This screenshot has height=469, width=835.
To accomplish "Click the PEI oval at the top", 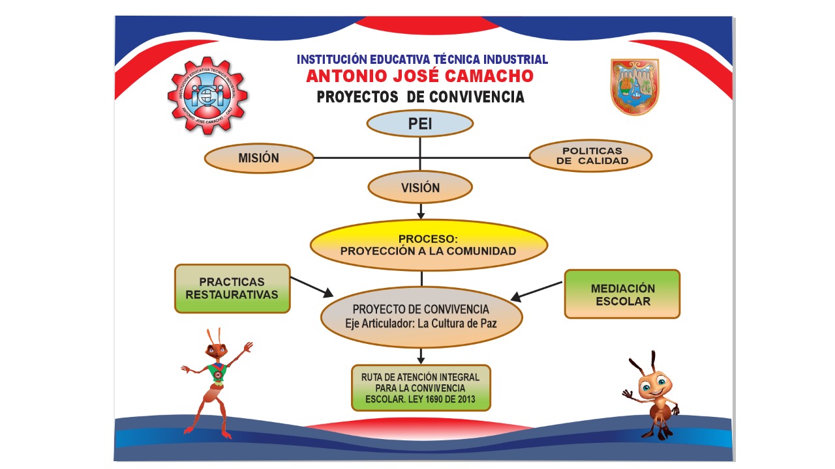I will coord(419,124).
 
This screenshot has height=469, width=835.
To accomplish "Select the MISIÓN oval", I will coord(259,158).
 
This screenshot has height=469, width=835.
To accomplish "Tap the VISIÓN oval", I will coord(419,188).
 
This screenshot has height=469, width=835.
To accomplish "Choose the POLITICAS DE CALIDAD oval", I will coord(590,156).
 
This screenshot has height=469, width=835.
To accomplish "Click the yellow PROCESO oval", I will coord(429,245).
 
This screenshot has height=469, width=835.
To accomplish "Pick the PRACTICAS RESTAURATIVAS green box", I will coord(232,289).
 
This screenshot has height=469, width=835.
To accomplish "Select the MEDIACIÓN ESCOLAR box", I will coord(622,294).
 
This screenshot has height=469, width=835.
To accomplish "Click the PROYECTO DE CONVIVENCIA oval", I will coord(421,316).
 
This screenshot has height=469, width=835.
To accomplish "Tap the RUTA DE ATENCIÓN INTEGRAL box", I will coord(421,388).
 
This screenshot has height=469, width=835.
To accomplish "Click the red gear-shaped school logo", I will coord(207,96).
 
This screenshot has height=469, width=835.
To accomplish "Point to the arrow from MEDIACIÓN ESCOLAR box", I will coord(536,291).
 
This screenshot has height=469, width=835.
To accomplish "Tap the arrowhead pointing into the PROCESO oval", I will coord(421,214).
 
